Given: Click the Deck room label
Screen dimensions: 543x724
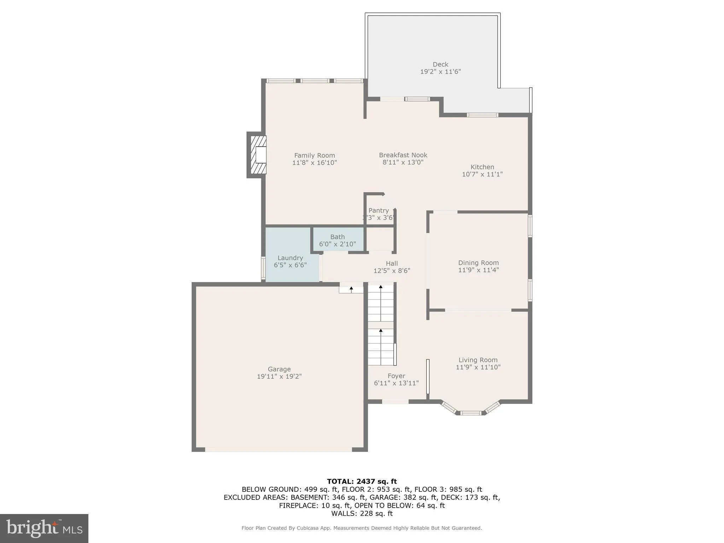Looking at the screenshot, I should (440, 64).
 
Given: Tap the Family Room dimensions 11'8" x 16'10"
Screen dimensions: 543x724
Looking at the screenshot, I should (314, 163).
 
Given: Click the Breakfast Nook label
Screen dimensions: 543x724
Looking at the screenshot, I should (403, 155).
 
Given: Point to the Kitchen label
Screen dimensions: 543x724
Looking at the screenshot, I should (482, 167).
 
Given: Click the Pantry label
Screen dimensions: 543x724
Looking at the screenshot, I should (378, 210).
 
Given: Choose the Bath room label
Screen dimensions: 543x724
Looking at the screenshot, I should (337, 237).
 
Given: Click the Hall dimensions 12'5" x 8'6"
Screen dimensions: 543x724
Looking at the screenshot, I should (392, 271).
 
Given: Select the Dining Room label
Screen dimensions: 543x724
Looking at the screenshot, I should (478, 263).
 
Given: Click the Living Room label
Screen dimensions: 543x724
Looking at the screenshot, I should (478, 360).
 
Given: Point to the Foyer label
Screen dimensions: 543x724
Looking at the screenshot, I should (396, 376).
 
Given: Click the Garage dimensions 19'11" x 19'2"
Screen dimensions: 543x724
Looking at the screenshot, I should (279, 376).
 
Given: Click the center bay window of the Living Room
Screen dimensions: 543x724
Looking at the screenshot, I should (471, 413).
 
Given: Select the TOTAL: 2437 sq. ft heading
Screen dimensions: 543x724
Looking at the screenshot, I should (362, 481).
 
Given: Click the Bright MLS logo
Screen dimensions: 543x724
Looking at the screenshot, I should (44, 528).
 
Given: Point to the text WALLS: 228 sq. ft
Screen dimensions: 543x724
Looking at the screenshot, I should (362, 513).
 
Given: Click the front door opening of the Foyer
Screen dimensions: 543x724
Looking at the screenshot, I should (395, 402).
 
